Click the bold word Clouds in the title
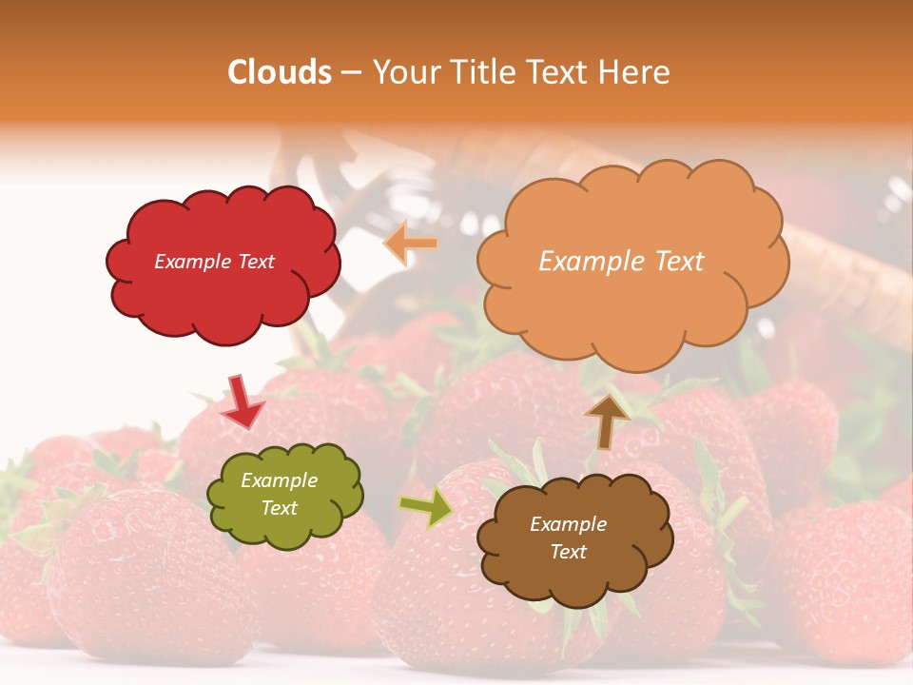280,72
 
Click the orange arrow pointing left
411,244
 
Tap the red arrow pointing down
242,401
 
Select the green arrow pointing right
426,507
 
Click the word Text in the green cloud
280,509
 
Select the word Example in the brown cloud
568,524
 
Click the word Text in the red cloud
256,262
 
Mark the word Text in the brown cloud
568,552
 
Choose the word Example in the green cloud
280,481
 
